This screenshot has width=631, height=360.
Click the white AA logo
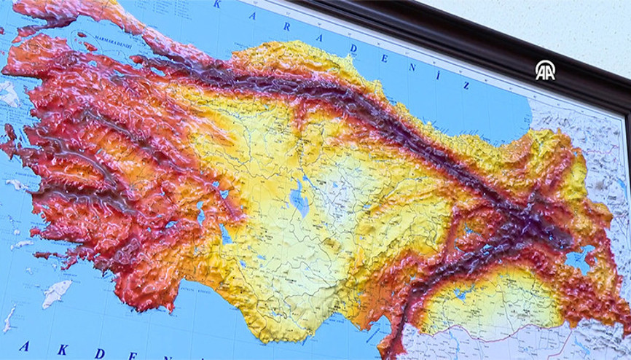click(545, 70)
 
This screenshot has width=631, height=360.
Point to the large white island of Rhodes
click(56, 293)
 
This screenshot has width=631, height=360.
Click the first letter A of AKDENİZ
click(24, 345)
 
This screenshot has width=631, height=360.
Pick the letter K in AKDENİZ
click(62, 349)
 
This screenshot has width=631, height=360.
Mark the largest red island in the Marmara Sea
click(89, 46)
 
